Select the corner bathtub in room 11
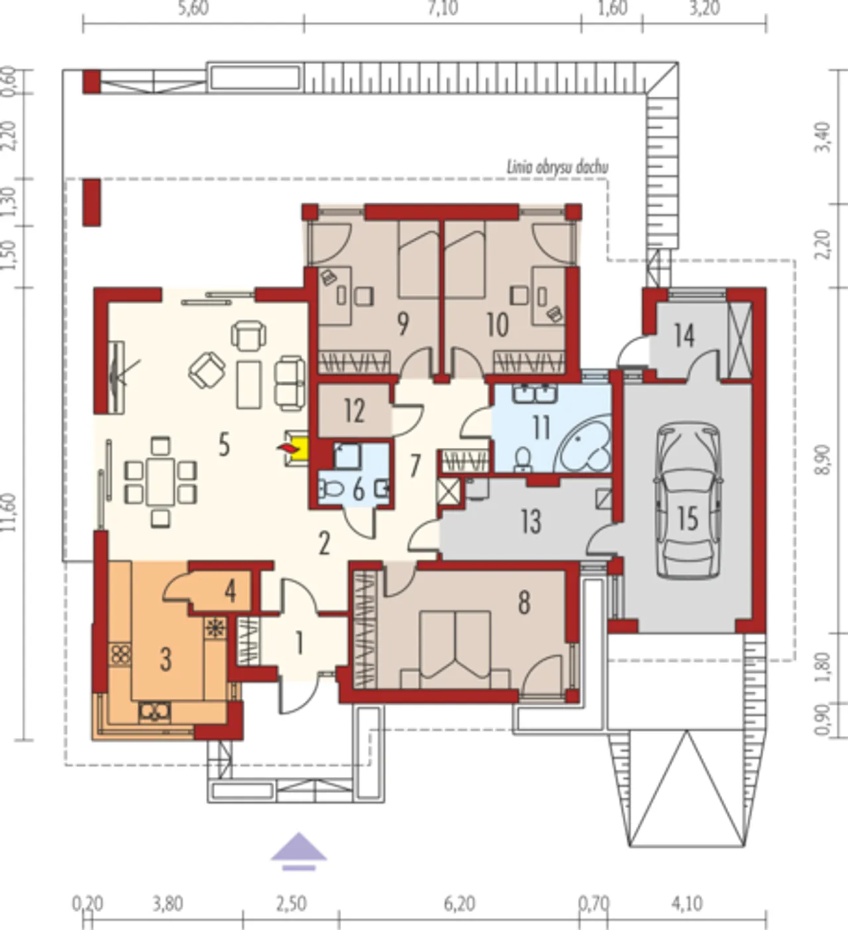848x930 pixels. (584, 445)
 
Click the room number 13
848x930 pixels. (531, 521)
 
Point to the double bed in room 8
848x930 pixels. (456, 650)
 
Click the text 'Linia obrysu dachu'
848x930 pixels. (557, 168)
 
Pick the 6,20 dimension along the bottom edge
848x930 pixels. (459, 904)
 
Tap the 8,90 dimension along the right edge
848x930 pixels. (824, 460)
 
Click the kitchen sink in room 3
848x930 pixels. (154, 711)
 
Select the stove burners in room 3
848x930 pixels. (120, 654)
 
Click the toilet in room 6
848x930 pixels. (331, 488)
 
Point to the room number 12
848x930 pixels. (355, 411)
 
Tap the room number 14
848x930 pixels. (685, 335)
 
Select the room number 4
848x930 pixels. (230, 592)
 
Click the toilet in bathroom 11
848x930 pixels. (523, 459)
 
